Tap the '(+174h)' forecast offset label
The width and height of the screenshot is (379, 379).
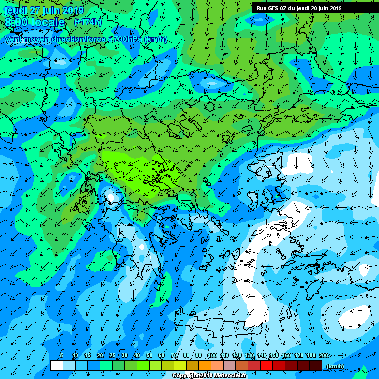87,22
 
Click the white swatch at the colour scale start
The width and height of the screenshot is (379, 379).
56,366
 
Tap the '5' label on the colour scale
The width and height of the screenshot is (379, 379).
61,356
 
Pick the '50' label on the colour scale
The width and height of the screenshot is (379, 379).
149,356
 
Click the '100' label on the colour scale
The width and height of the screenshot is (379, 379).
212,356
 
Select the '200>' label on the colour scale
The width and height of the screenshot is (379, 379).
325,356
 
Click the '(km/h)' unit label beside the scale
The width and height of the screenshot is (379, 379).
336,366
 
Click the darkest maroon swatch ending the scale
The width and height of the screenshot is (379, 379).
316,366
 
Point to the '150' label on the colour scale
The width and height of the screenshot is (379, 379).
274,356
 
